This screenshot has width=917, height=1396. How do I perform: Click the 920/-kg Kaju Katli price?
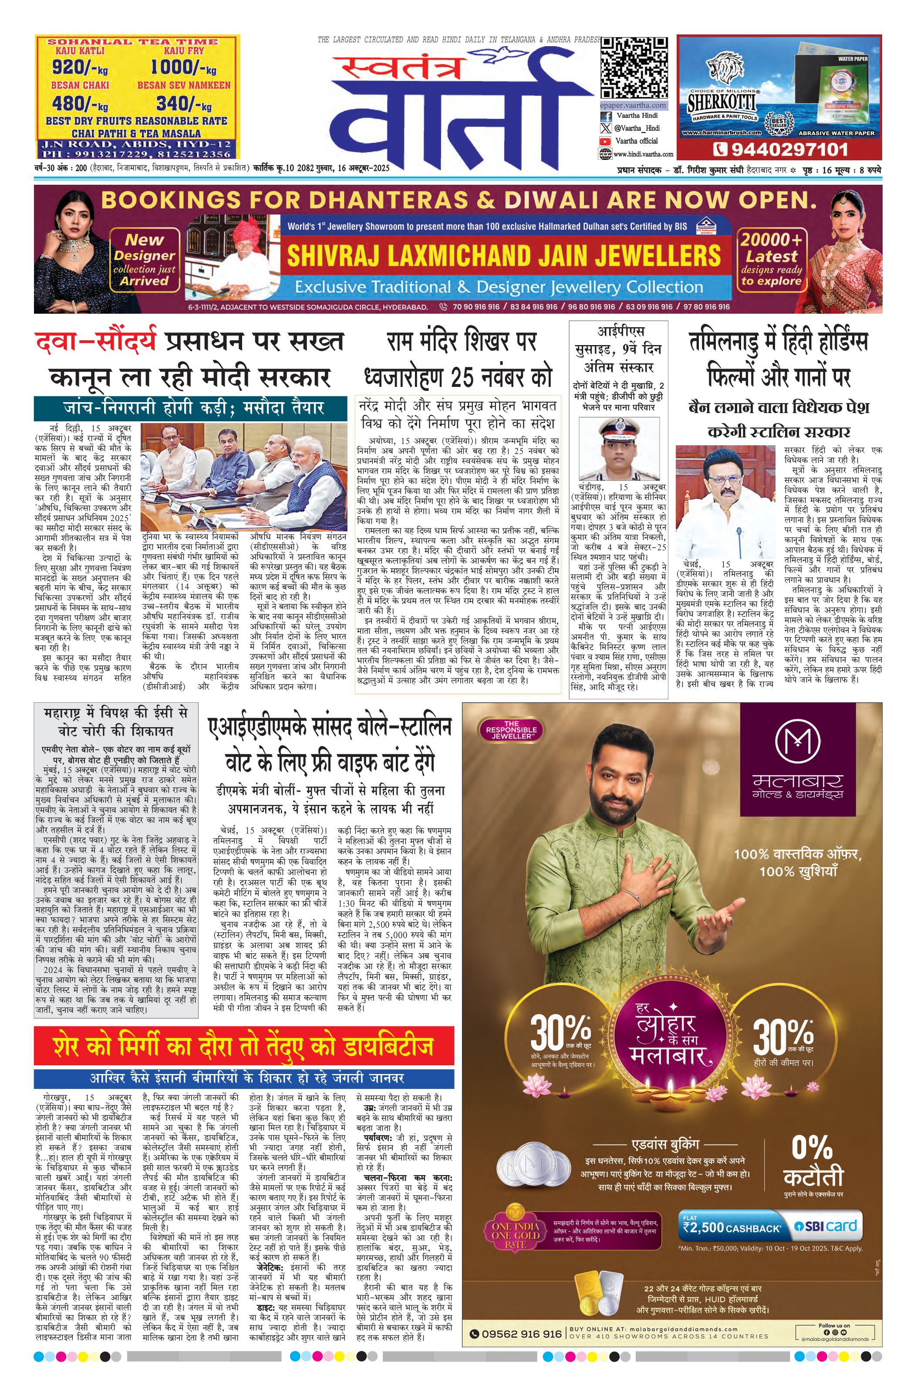79,68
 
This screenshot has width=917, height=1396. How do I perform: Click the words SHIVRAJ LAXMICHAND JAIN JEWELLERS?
503,256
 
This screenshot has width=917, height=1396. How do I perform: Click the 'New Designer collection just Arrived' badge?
144,260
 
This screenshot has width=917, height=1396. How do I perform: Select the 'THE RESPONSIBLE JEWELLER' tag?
511,730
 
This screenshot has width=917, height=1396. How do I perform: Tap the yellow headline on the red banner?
243,1047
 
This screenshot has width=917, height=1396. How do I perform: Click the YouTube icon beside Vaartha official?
604,141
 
